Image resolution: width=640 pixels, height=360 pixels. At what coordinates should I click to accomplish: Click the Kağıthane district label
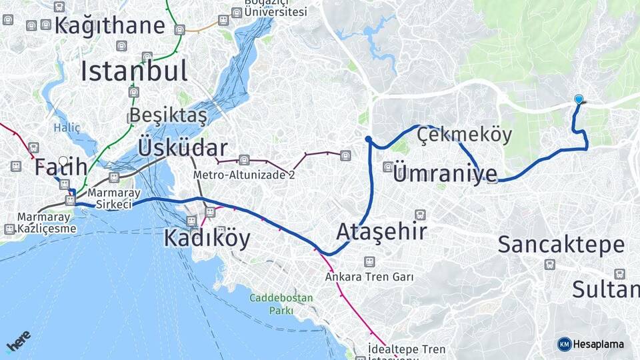(x=110, y=25)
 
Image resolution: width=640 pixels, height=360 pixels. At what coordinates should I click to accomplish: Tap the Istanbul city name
(x=134, y=71)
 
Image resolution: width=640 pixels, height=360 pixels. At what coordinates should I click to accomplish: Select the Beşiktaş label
(x=168, y=115)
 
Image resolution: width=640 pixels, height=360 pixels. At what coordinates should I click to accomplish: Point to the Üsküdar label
(x=183, y=147)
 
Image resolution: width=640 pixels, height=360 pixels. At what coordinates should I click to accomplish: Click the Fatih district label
(x=61, y=167)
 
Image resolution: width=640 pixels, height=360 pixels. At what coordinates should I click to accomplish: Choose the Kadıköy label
(x=207, y=237)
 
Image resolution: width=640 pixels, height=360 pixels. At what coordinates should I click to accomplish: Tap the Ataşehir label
(x=381, y=231)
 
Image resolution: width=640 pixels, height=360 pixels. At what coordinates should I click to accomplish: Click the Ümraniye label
(x=445, y=174)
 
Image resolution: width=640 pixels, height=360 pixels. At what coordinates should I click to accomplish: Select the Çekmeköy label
(x=465, y=135)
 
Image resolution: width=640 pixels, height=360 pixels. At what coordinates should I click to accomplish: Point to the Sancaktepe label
(x=561, y=245)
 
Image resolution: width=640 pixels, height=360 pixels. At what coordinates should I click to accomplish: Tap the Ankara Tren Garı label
(x=370, y=276)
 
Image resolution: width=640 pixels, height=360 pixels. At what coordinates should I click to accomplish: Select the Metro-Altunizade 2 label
(x=244, y=175)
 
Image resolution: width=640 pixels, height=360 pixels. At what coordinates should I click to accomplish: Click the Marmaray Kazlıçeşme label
(x=47, y=223)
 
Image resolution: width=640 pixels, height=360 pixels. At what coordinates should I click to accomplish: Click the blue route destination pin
(x=579, y=100)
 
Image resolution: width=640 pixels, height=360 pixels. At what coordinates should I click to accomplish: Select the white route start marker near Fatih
(x=63, y=161)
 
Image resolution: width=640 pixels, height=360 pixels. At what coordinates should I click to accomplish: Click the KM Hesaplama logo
(x=591, y=344)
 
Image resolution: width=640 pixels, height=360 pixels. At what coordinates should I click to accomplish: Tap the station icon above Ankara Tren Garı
(x=369, y=261)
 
